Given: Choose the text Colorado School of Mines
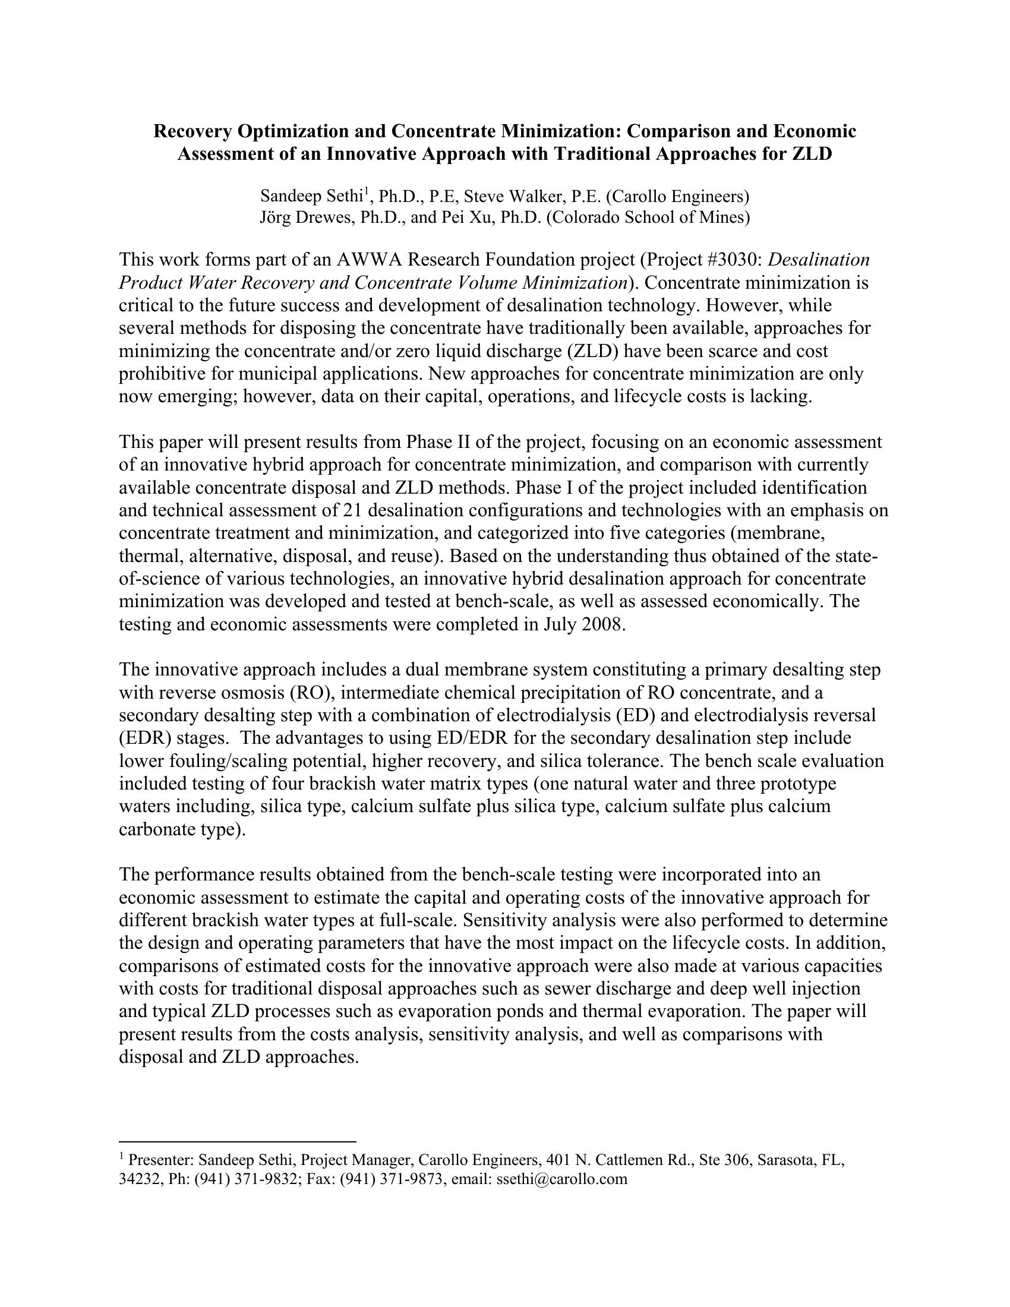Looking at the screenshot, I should coord(648,217).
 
